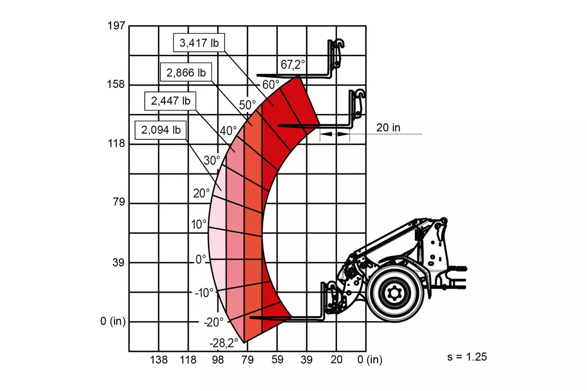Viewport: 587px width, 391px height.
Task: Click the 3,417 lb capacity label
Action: pyautogui.click(x=199, y=43)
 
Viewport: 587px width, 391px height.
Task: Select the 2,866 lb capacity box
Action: pyautogui.click(x=186, y=72)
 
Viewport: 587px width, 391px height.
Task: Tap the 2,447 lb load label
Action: pyautogui.click(x=170, y=101)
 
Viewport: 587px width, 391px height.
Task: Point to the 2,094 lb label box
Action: pyautogui.click(x=160, y=130)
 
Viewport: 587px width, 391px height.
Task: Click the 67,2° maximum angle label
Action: pyautogui.click(x=293, y=65)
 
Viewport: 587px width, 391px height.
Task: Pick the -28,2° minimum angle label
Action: pyautogui.click(x=224, y=343)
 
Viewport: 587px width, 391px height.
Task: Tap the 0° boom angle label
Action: pyautogui.click(x=201, y=259)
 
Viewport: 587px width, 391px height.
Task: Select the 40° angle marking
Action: pyautogui.click(x=228, y=130)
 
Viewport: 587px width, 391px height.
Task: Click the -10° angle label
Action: pyautogui.click(x=204, y=293)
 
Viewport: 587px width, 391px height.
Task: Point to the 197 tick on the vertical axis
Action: pyautogui.click(x=116, y=26)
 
